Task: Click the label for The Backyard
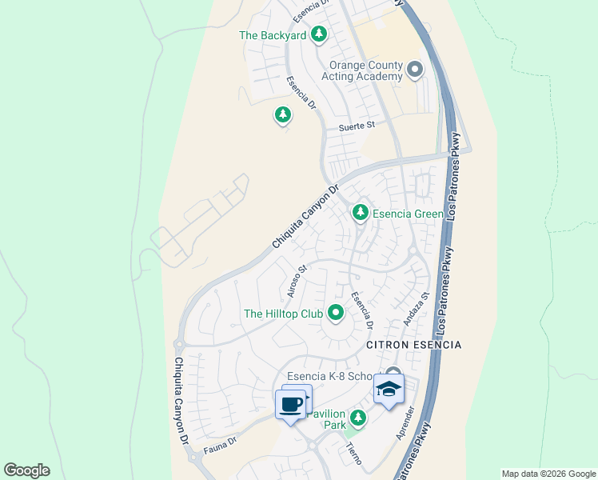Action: (x=273, y=36)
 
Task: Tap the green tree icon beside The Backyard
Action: (x=319, y=34)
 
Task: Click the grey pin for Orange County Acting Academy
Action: (x=414, y=70)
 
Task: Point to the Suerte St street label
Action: (x=356, y=126)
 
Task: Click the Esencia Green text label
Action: (x=407, y=214)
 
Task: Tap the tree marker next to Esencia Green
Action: (x=361, y=212)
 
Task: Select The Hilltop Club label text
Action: (x=283, y=314)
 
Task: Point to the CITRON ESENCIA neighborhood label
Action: (x=414, y=344)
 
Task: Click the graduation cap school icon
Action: (x=389, y=389)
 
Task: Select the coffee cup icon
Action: (x=290, y=403)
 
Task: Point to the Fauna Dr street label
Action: (x=221, y=441)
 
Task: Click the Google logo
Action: (x=26, y=470)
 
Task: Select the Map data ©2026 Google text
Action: (x=548, y=474)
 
